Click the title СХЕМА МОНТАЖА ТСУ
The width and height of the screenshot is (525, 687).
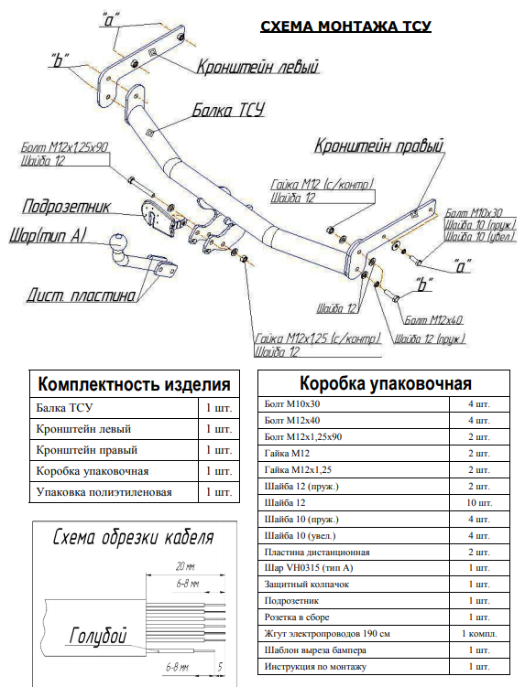(x=345, y=27)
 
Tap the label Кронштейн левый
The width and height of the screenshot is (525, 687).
(x=256, y=67)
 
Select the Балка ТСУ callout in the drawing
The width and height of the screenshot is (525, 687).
(x=227, y=111)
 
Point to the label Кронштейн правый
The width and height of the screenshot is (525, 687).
(x=378, y=145)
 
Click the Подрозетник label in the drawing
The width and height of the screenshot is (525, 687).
(x=66, y=207)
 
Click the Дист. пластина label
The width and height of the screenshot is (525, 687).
(x=81, y=295)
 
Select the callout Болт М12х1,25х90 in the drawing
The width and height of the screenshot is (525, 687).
(x=65, y=146)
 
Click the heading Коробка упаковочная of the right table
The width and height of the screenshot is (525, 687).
(x=386, y=382)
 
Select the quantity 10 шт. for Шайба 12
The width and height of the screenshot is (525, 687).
(x=477, y=503)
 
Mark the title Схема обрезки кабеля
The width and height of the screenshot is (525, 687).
(x=134, y=537)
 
